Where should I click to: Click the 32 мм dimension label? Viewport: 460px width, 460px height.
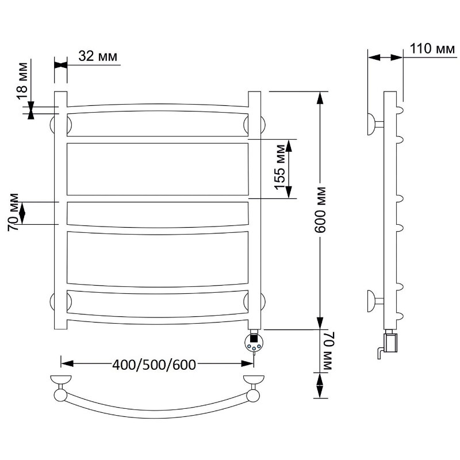98,55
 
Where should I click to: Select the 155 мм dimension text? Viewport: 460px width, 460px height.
279,167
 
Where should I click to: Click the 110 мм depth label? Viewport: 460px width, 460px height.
432,48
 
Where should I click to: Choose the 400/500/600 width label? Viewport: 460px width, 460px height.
154,365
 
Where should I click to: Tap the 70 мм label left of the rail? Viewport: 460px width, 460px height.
13,212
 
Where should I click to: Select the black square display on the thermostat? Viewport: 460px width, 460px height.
254,338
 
